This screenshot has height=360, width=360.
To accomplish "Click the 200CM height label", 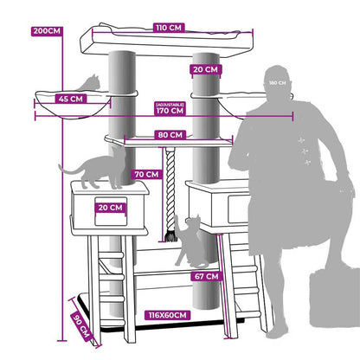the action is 47,31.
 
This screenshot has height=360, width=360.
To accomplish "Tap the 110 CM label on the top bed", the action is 169,28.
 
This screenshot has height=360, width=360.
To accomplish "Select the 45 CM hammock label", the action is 71,99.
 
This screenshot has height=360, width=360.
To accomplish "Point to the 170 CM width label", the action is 170,111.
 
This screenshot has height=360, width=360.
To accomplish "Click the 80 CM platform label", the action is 170,135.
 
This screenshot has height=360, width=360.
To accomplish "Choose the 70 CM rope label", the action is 146,174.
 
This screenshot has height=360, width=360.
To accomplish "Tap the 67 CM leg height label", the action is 207,276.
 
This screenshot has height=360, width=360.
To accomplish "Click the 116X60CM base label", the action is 168,315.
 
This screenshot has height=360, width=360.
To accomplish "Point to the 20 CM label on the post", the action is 206,69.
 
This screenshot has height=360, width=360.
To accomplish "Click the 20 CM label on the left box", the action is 110,208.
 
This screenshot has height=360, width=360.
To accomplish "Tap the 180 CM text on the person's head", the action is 278,83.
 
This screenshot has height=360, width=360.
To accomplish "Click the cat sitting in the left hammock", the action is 89,83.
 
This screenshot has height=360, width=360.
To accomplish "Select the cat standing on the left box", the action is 93,169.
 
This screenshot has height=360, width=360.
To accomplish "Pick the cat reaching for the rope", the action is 190,241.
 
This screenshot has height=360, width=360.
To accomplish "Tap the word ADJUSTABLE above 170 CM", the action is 170,104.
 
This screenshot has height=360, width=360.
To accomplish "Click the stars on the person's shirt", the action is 305,151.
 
